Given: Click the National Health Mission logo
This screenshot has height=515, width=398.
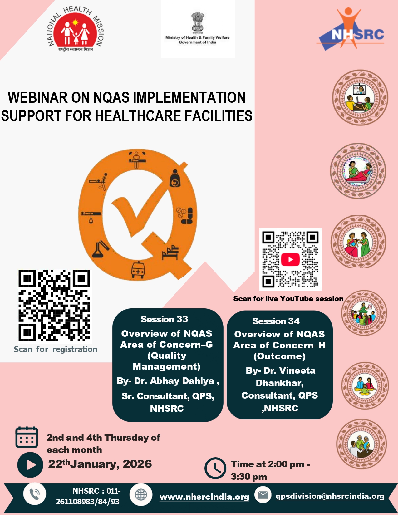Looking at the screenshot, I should coord(76,30).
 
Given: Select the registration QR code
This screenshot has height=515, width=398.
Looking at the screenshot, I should coord(54,305).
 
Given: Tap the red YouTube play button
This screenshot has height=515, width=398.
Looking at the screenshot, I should coord(290,259).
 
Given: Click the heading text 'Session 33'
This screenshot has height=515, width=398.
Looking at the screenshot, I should coord(164,319).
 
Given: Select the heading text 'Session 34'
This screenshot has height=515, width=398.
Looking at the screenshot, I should coord(276,321).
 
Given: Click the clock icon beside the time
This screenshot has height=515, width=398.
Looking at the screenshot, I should coord(215,468).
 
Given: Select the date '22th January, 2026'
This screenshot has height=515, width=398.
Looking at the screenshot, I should coord(100,464).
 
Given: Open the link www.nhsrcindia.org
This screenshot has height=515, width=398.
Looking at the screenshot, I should coord(204,497).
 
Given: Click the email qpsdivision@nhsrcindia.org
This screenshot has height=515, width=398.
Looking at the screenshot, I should coord(330,496).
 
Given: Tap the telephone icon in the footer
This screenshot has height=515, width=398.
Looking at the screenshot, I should coord(35,494).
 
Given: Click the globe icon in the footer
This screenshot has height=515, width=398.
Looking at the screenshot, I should coord(141,494).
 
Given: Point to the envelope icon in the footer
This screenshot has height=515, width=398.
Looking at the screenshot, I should coord(263,495).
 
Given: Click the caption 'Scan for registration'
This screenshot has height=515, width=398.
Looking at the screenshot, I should coord(55,349).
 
